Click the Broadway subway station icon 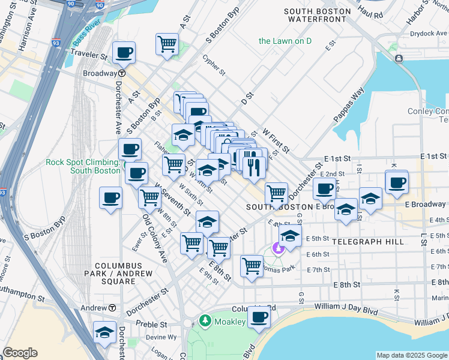click(122, 73)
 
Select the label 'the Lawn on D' click(285, 41)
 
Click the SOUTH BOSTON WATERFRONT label click(317, 16)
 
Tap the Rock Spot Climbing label click(83, 166)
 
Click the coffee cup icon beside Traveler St click(124, 53)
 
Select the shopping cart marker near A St click(167, 44)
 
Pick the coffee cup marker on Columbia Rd click(259, 317)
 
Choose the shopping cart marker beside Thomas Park click(252, 265)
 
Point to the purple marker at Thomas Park click(277, 247)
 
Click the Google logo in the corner click(20, 353)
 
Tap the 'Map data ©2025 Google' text click(412, 355)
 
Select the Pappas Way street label click(349, 106)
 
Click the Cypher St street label click(214, 65)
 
